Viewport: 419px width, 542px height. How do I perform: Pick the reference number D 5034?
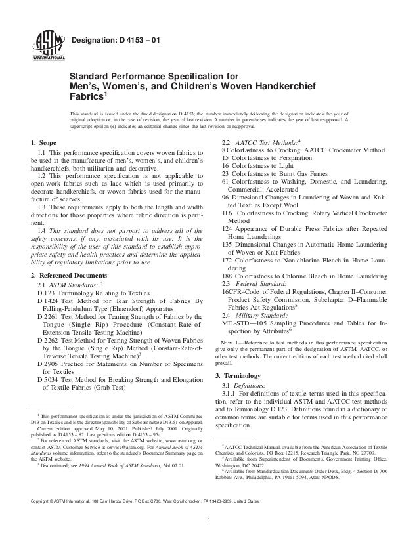(49, 378)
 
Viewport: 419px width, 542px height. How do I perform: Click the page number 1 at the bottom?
(209, 522)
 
